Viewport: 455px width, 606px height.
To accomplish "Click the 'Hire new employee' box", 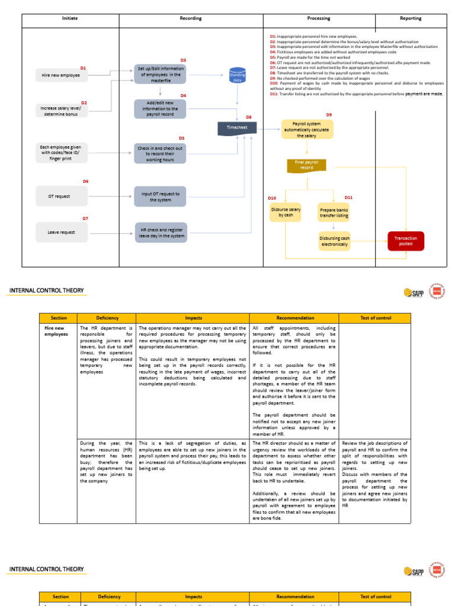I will [x=61, y=76].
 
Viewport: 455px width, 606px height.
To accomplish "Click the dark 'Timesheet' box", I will [x=237, y=127].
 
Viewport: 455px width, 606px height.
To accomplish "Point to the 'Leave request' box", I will [x=61, y=232].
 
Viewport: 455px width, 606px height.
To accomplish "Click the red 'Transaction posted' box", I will [x=406, y=241].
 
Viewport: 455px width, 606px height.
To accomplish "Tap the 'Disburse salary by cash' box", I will [x=286, y=212].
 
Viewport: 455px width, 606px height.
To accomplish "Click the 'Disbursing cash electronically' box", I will [x=334, y=241].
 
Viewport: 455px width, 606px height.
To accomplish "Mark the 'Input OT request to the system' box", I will [x=160, y=197].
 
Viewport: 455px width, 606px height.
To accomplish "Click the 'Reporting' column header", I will [x=410, y=18].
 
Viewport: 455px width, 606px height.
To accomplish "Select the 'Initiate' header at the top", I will [x=70, y=18].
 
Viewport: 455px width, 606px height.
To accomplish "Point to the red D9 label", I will [x=329, y=115].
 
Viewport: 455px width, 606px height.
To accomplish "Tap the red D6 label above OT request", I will [x=85, y=182].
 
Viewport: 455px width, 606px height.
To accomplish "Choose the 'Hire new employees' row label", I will [x=57, y=331].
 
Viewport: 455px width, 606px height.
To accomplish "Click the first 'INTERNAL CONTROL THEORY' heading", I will [x=46, y=291].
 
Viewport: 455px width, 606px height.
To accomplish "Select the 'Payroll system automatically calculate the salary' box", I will [x=307, y=130].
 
